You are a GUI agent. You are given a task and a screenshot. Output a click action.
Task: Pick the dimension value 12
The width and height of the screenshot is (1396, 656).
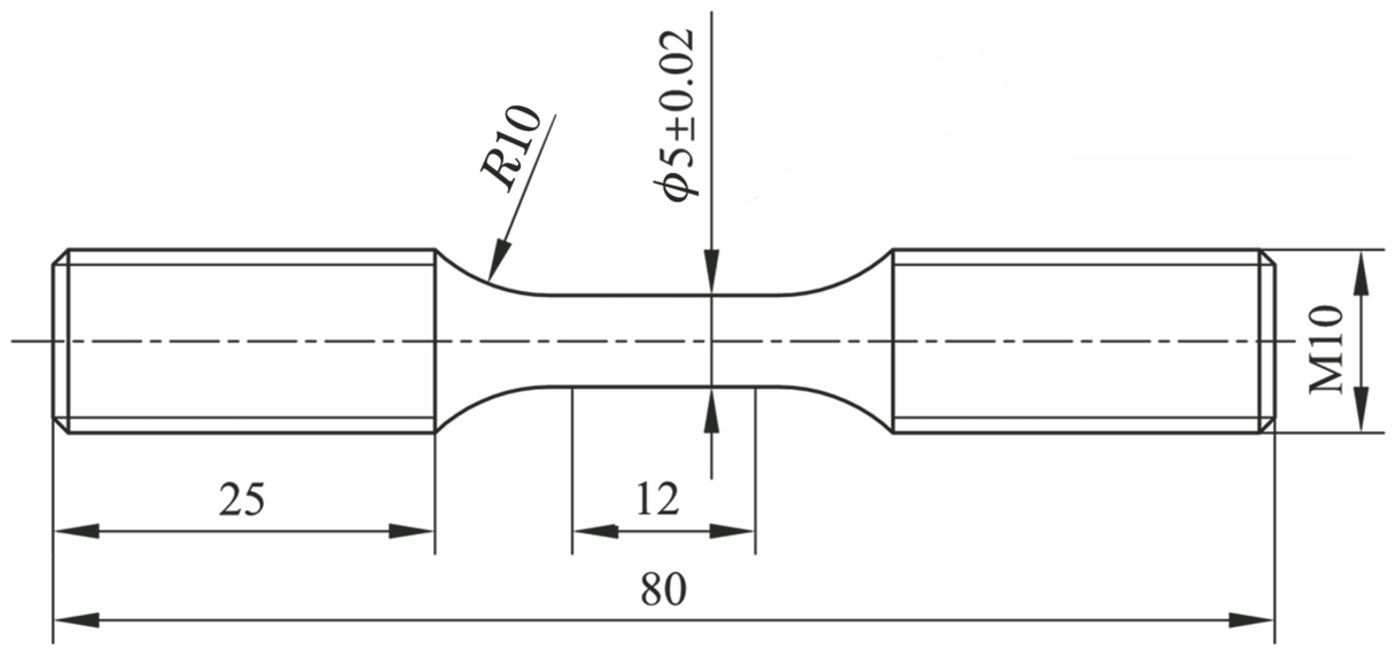pyautogui.click(x=657, y=499)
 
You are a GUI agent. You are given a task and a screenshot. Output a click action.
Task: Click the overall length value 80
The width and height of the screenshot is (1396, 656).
pyautogui.click(x=663, y=590)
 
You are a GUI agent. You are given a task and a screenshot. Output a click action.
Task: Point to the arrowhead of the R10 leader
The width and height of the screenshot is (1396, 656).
pyautogui.click(x=499, y=261)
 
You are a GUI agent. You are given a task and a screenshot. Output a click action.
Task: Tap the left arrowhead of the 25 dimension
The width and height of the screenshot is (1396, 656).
pyautogui.click(x=76, y=531)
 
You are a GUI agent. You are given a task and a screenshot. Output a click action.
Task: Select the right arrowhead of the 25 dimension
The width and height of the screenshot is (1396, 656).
pyautogui.click(x=412, y=531)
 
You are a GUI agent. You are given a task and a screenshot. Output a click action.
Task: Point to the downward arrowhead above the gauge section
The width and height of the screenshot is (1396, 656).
pyautogui.click(x=711, y=274)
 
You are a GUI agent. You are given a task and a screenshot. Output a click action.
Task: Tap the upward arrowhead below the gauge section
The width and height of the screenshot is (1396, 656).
pyautogui.click(x=711, y=409)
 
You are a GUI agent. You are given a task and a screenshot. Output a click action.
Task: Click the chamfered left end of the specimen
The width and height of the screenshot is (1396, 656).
pyautogui.click(x=60, y=341)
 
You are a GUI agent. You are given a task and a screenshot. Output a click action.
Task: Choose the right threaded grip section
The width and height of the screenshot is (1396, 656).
pyautogui.click(x=1076, y=341)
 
